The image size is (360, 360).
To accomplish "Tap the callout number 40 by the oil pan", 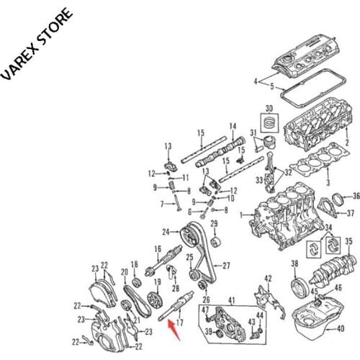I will point(341,330).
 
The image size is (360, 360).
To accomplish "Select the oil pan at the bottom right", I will point(318,318).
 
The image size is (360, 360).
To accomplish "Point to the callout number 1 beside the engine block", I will point(243,214).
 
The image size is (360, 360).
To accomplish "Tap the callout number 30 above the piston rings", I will point(270,109).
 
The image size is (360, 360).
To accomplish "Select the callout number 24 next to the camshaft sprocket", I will point(165,231).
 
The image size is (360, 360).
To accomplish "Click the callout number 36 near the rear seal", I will point(355,196).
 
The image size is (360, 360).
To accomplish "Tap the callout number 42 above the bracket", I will point(267,278).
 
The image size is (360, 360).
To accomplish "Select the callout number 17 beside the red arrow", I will point(180,323).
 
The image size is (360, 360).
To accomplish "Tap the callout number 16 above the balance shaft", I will point(156,250).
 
